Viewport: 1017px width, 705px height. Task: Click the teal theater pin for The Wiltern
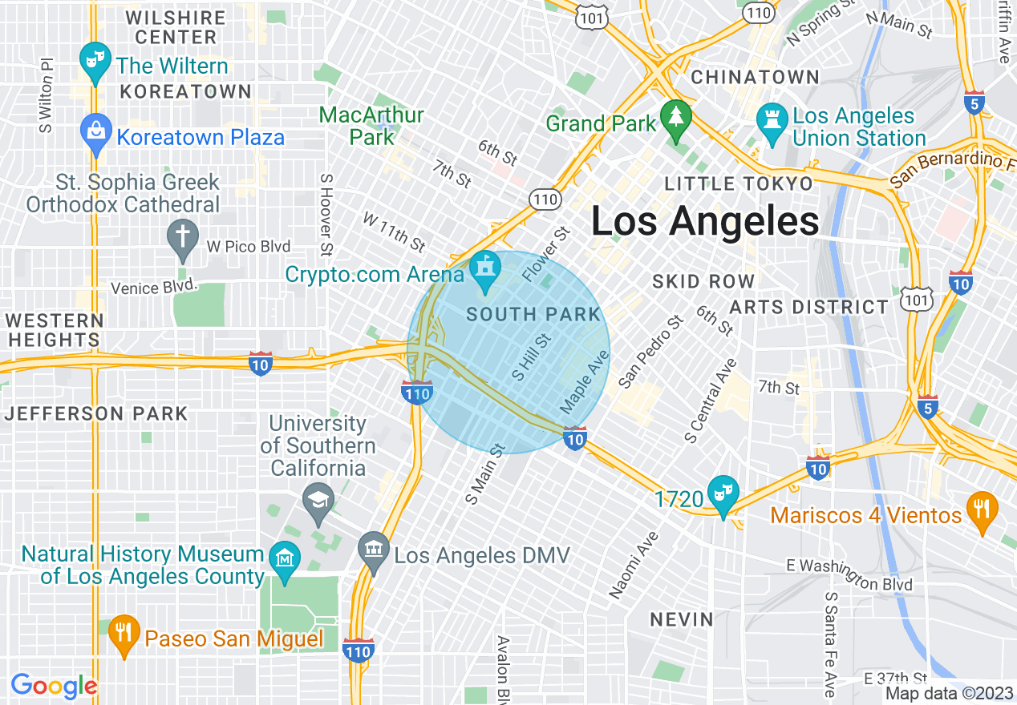click(x=95, y=60)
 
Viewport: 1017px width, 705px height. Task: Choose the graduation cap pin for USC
click(x=318, y=503)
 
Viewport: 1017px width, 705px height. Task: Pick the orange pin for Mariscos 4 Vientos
click(x=981, y=510)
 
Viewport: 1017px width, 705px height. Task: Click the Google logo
click(x=54, y=686)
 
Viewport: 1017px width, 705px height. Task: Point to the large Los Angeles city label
click(x=705, y=221)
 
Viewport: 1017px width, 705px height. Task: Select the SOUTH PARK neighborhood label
click(x=533, y=315)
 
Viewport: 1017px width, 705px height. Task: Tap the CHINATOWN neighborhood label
click(x=755, y=78)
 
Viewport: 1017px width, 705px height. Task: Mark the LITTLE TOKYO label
click(x=738, y=184)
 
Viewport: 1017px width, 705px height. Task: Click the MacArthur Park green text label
click(x=371, y=126)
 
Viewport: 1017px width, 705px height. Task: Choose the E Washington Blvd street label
click(x=849, y=574)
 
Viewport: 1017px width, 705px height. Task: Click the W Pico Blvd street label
click(x=249, y=246)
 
